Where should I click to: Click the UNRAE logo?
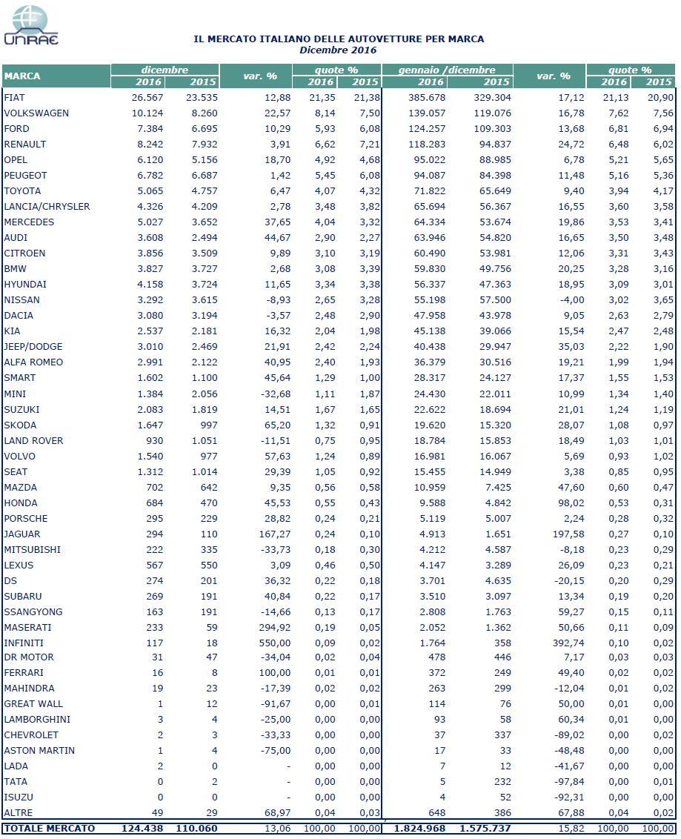point(30,25)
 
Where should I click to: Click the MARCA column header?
point(22,76)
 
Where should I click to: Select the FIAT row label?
point(15,97)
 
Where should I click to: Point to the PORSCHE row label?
point(26,518)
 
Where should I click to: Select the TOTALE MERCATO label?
point(49,828)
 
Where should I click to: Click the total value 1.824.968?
point(417,828)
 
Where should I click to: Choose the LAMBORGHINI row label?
point(33,719)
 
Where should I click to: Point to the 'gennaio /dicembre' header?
point(446,70)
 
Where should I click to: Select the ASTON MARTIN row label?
point(39,750)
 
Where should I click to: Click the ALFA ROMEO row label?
point(33,362)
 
